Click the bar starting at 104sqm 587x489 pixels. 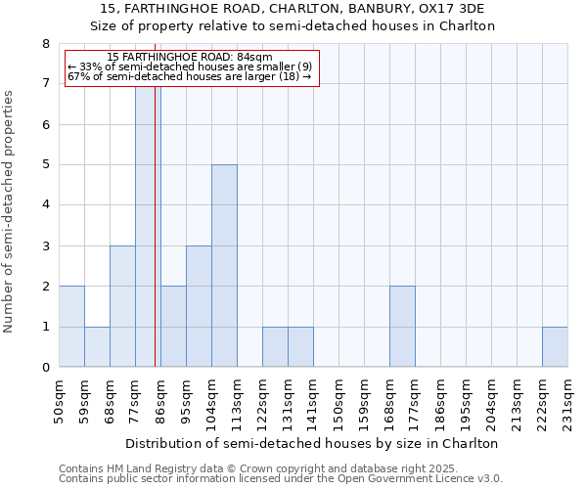coord(224,266)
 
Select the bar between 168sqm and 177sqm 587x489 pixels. coord(402,327)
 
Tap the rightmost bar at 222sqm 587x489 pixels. coord(555,347)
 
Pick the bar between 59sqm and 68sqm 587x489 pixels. coord(97,347)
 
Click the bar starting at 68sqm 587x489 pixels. coord(122,306)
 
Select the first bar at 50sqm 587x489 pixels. coord(71,327)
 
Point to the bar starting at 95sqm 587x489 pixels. coord(199,306)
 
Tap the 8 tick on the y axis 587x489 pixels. coord(45,44)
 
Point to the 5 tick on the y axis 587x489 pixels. coord(45,165)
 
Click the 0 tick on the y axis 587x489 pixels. coord(45,368)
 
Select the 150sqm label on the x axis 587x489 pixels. coord(339,401)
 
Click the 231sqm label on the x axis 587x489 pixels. coord(567,401)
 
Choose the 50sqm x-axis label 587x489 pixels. coord(59,401)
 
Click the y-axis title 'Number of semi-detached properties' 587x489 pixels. coord(10,211)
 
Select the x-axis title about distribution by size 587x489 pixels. coord(313,443)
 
